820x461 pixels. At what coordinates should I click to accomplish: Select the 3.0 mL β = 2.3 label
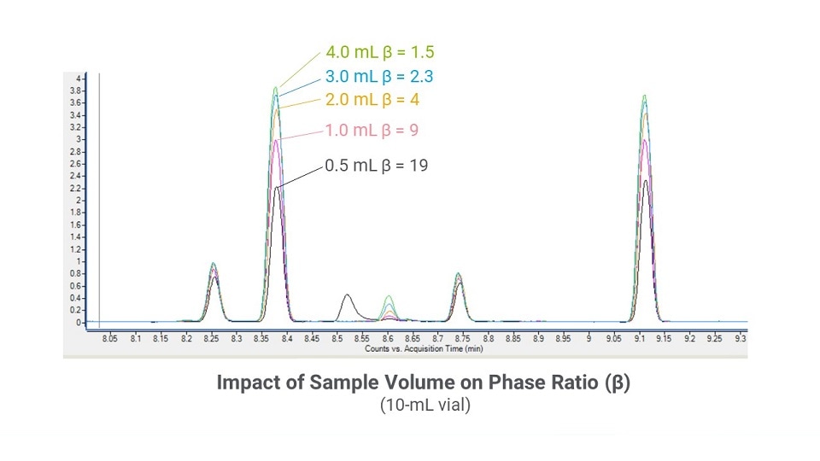[379, 76]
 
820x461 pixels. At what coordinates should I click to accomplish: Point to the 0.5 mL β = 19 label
[376, 166]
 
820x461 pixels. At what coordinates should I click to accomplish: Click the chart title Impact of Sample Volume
[425, 384]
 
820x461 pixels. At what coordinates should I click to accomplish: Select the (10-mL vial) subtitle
[425, 406]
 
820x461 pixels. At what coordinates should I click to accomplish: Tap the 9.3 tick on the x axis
[741, 340]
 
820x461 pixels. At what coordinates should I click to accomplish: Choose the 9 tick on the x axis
[589, 340]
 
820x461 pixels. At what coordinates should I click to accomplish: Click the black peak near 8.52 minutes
[347, 295]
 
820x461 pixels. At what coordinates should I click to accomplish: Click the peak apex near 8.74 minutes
[459, 274]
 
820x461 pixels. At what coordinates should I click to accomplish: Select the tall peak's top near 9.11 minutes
[644, 96]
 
